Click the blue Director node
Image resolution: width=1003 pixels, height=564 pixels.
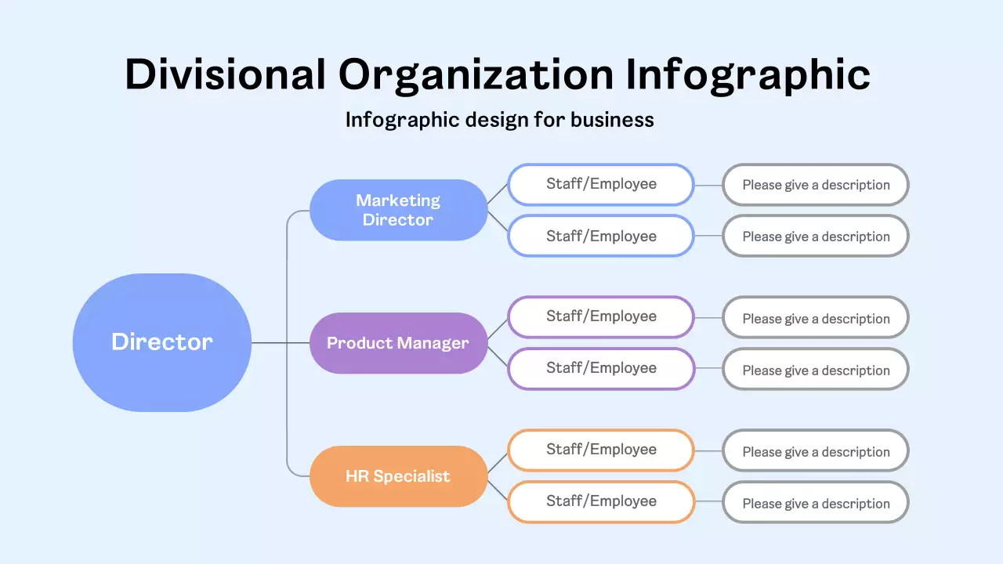tap(162, 342)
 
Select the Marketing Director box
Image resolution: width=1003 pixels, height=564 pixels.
tap(398, 210)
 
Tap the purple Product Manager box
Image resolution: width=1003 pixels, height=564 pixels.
tap(398, 343)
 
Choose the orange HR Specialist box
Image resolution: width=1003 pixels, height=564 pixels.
tap(398, 476)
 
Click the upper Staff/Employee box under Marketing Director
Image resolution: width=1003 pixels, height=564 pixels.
tap(601, 185)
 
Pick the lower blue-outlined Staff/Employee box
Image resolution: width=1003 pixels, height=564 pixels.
tap(601, 236)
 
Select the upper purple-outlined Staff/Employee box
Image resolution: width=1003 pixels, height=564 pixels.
tap(601, 317)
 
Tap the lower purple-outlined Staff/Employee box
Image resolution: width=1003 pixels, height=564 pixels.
tap(601, 368)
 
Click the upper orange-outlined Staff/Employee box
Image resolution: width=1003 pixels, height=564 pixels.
tap(601, 450)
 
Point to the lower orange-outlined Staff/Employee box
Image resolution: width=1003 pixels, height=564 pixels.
tap(601, 501)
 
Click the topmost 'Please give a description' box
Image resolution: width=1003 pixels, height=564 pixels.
tap(816, 186)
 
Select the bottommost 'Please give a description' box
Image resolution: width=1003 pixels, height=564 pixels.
tap(816, 503)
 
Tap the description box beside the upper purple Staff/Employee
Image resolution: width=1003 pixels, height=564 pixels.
tap(816, 318)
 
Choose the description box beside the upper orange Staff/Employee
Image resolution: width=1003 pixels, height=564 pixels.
tap(816, 451)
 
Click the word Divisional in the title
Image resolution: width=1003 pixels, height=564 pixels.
tap(225, 75)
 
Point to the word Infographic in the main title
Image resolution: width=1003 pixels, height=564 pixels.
tap(748, 75)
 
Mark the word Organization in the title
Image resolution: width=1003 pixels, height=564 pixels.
tap(476, 75)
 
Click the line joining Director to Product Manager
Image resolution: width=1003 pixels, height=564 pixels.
tap(280, 342)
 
